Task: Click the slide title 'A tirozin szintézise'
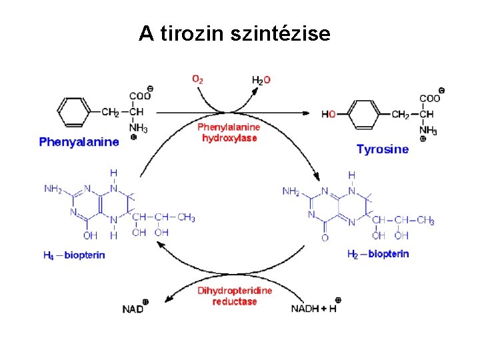point(234,33)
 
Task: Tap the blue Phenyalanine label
point(79,142)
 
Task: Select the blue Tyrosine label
point(383,149)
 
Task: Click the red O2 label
point(198,79)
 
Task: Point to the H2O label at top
point(261,80)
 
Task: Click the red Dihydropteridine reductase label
point(235,296)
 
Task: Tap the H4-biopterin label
point(74,255)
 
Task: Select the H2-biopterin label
point(378,254)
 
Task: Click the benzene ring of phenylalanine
point(73,111)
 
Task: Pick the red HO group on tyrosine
point(329,114)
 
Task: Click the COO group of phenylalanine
point(139,97)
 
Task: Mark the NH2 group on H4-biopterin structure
point(53,189)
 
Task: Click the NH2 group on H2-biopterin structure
point(291,191)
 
